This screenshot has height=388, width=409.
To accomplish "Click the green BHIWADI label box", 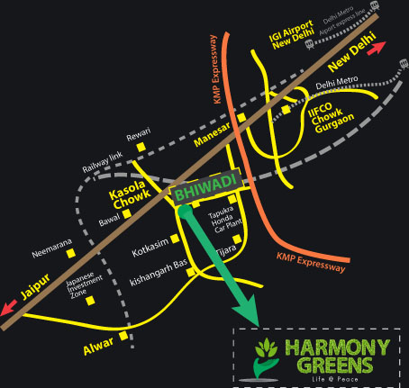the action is click(205, 186).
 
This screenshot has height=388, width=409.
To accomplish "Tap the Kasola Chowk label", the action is click(130, 194).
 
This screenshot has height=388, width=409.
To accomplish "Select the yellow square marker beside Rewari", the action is click(141, 147).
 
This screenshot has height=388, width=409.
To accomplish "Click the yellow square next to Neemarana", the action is click(71, 253).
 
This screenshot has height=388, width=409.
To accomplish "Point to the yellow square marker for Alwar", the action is click(123, 336).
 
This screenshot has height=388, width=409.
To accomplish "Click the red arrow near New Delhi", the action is click(377, 48).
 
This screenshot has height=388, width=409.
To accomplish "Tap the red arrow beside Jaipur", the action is click(9, 307).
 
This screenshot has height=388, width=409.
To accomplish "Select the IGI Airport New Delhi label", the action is click(292, 34).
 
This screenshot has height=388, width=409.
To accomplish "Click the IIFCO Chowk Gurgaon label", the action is click(331, 117).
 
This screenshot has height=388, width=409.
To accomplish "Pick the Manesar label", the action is click(213, 134).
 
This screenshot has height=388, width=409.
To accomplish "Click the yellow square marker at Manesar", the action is click(241, 118).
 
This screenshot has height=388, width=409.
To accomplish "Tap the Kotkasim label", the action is click(150, 248).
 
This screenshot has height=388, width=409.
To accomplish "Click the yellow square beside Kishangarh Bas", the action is click(191, 272).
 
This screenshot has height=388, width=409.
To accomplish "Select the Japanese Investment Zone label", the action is click(84, 284).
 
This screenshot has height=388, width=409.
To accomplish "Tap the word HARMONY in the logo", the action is click(338, 347).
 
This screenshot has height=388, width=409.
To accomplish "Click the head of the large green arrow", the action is click(246, 311).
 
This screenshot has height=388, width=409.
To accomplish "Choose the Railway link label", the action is click(103, 162).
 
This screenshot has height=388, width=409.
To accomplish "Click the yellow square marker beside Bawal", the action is click(127, 213).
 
